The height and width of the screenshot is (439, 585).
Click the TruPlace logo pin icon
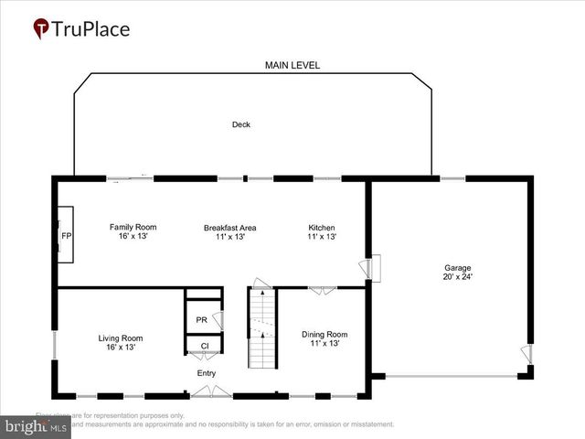pos(42,29)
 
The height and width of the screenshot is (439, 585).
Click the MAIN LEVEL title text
pos(292,66)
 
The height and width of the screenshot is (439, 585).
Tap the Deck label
pos(240,124)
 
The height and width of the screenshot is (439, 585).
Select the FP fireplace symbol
pos(66,235)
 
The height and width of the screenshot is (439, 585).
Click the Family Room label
pos(133,227)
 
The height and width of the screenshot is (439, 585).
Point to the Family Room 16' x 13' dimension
pos(133,236)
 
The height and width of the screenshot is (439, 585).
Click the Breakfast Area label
pos(229,227)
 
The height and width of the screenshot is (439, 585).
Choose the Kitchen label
pos(322,227)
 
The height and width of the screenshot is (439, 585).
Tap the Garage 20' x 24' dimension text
pos(457,276)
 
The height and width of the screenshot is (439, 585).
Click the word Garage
pos(457,267)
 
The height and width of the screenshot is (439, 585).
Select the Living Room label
pos(121,337)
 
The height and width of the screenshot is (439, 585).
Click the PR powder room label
pos(201,320)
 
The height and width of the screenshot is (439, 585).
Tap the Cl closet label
pos(205,346)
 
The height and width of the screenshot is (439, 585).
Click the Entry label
pos(207,373)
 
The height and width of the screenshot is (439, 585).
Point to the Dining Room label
pos(324,334)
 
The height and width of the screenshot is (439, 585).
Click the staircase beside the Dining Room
pos(262,327)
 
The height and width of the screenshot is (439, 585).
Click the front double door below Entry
pos(210,392)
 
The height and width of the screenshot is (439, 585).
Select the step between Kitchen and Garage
pos(374,268)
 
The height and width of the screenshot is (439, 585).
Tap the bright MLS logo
pos(36,427)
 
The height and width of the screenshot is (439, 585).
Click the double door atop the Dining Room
pos(321,291)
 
